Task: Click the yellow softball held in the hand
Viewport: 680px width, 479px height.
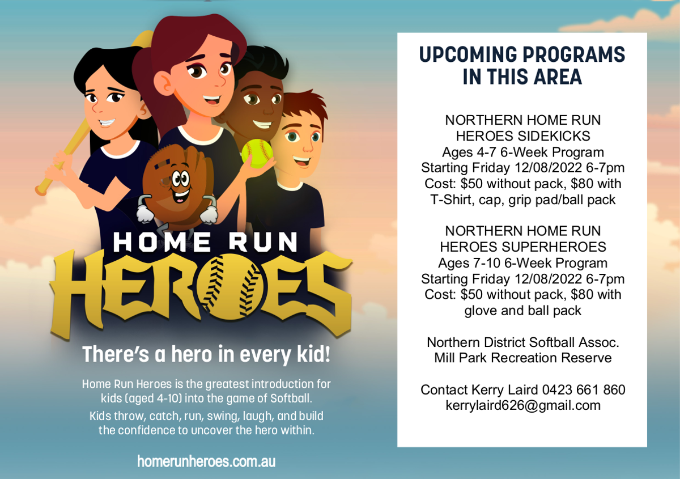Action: pyautogui.click(x=257, y=154)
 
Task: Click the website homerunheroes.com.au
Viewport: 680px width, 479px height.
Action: pyautogui.click(x=206, y=461)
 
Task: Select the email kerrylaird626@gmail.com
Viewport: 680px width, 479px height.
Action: pyautogui.click(x=522, y=406)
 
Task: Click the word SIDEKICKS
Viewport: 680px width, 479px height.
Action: pyautogui.click(x=554, y=136)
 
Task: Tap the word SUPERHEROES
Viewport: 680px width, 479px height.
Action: pyautogui.click(x=554, y=247)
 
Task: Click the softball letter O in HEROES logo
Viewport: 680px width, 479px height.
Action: pyautogui.click(x=231, y=287)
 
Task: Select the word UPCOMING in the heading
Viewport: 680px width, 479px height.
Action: pyautogui.click(x=468, y=54)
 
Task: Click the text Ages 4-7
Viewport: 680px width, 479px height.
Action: pyautogui.click(x=469, y=152)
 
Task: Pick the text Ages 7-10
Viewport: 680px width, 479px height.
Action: pyautogui.click(x=469, y=263)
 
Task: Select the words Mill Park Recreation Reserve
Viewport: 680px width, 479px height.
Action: pyautogui.click(x=522, y=358)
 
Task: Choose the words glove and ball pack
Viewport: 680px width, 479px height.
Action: pyautogui.click(x=522, y=311)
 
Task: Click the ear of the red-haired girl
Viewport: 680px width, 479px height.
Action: pyautogui.click(x=164, y=85)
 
